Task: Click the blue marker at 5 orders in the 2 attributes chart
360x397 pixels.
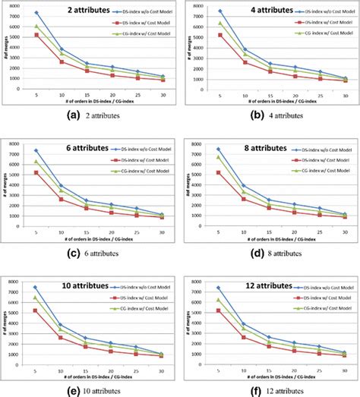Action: click(x=36, y=13)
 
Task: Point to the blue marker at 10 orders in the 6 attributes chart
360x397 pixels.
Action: click(x=62, y=185)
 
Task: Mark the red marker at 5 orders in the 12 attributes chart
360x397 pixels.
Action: click(x=219, y=310)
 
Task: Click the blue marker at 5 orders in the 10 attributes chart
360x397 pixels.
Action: click(x=36, y=287)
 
